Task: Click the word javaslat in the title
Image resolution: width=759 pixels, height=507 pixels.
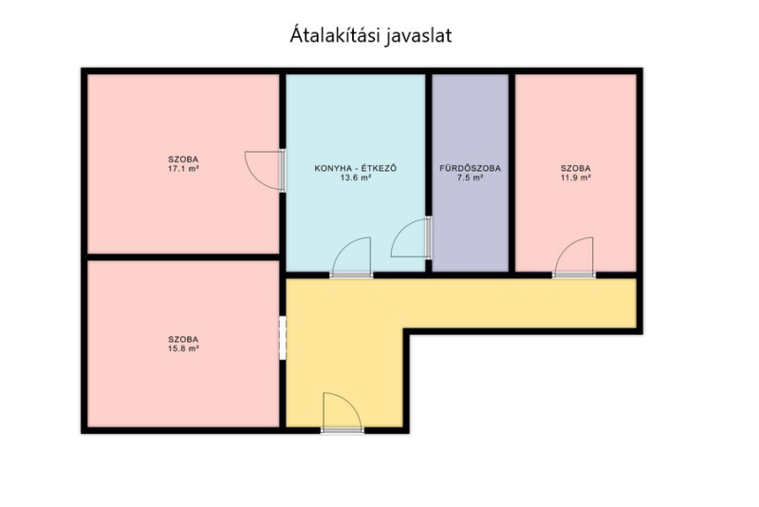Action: click(x=418, y=36)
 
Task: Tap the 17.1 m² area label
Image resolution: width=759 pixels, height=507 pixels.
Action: click(x=183, y=169)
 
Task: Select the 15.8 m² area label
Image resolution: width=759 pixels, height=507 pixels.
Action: click(x=183, y=348)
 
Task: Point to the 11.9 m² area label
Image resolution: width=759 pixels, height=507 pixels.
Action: click(x=576, y=178)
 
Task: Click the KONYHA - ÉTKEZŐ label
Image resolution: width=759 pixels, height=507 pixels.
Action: click(x=356, y=168)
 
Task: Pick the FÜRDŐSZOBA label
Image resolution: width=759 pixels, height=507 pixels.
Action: click(x=470, y=168)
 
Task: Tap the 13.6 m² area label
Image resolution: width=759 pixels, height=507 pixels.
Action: click(x=356, y=178)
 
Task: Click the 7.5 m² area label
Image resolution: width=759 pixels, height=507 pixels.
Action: click(x=470, y=178)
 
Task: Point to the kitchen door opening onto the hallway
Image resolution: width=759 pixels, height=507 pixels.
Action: click(x=351, y=257)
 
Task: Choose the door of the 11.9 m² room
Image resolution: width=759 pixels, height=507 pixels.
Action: click(x=574, y=257)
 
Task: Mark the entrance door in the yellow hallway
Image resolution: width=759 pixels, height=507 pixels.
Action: click(x=342, y=412)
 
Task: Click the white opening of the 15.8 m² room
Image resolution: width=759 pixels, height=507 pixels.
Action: click(x=283, y=338)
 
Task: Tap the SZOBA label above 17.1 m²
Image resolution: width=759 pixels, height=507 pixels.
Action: click(x=183, y=160)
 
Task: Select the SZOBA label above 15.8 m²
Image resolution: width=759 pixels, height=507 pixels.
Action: click(x=183, y=340)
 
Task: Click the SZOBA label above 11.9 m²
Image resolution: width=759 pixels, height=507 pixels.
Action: click(x=576, y=168)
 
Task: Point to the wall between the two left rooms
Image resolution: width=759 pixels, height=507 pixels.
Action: click(x=183, y=257)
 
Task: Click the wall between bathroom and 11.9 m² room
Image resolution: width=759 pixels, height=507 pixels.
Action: click(x=511, y=173)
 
